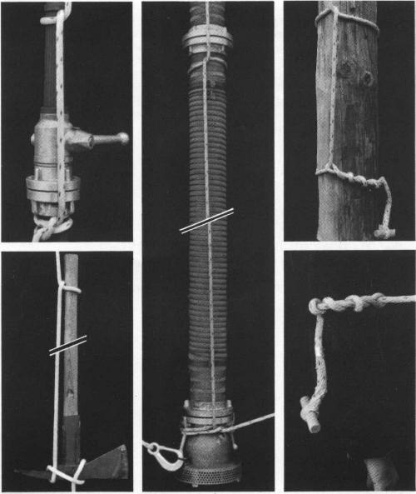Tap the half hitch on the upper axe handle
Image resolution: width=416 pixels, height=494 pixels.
pyautogui.click(x=70, y=288)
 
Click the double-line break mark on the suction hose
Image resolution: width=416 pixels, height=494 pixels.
pyautogui.click(x=206, y=221)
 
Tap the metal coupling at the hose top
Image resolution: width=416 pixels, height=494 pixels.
pyautogui.click(x=207, y=39)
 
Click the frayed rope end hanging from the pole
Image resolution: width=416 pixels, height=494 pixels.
pyautogui.click(x=385, y=231)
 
